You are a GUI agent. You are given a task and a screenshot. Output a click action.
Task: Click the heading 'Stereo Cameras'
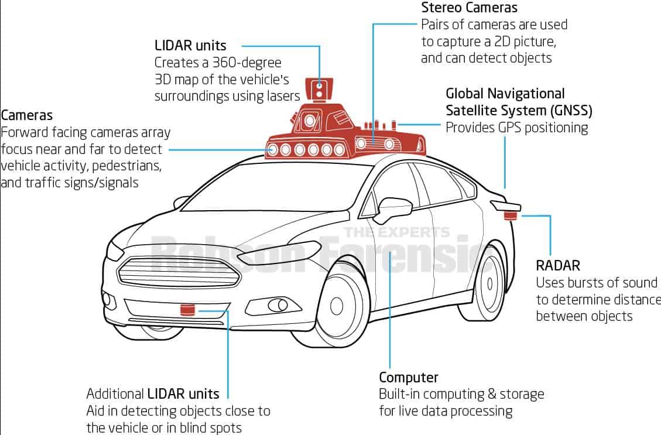tap(469, 8)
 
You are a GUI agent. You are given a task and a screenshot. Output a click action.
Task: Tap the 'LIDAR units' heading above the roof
tap(190, 45)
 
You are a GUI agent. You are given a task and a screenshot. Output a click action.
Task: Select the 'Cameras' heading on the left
tap(27, 115)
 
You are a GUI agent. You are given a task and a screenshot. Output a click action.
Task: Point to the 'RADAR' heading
tap(558, 265)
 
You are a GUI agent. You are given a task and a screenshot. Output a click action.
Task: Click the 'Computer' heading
tap(409, 377)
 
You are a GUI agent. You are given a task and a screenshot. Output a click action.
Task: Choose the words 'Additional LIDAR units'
tap(153, 393)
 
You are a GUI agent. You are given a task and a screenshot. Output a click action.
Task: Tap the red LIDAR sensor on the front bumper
tap(187, 309)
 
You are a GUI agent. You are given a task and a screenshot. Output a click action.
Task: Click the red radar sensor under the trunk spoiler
tap(511, 216)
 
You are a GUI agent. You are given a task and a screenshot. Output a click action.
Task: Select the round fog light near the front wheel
tap(275, 304)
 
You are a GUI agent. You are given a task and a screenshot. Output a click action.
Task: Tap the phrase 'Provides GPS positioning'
tap(517, 128)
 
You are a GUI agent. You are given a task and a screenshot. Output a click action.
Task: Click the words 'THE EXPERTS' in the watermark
tap(397, 232)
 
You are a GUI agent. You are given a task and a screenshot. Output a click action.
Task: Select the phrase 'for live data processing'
tap(446, 410)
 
